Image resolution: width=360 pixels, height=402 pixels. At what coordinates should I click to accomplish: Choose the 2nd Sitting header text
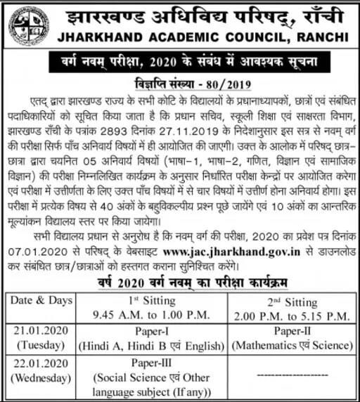click(x=291, y=301)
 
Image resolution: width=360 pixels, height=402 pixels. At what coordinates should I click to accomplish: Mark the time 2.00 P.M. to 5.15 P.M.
click(x=291, y=313)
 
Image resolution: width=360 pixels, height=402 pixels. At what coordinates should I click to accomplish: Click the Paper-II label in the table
click(x=291, y=331)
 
